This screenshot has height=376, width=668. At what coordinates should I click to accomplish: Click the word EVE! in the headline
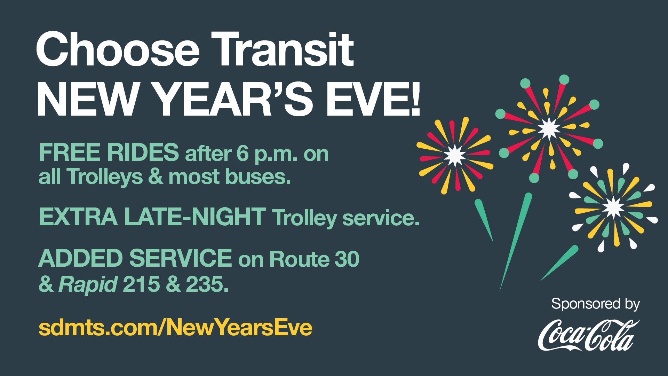373,99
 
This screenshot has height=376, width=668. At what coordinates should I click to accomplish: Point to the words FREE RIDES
109,152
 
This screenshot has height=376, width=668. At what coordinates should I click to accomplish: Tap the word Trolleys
104,177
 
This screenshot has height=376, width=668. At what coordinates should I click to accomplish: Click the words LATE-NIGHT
195,217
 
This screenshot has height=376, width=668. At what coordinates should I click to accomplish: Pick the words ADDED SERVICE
135,258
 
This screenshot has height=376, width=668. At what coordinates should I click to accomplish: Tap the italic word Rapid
88,285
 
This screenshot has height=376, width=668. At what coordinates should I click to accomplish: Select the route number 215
141,284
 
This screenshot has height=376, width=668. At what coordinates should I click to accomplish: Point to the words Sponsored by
595,304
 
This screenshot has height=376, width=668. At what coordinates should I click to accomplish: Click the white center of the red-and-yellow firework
455,155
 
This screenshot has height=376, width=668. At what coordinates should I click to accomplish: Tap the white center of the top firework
549,128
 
